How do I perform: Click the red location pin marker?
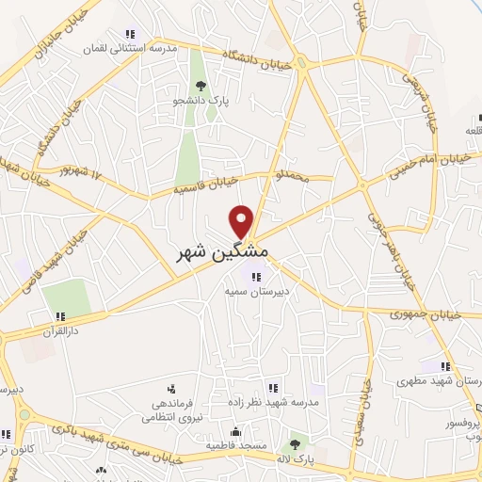(x=243, y=221)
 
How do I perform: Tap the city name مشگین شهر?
(x=223, y=253)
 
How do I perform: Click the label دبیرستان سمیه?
(x=254, y=292)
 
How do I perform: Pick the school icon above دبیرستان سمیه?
(x=254, y=277)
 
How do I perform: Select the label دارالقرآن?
(x=58, y=331)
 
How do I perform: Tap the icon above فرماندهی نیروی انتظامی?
(x=170, y=387)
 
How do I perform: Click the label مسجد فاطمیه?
(x=237, y=443)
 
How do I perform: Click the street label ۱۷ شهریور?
(x=79, y=173)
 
